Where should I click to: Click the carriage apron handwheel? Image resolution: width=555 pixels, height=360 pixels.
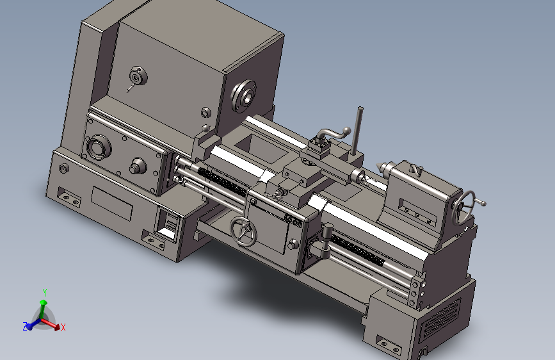click(243, 231)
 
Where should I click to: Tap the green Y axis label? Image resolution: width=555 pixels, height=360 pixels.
click(45, 293)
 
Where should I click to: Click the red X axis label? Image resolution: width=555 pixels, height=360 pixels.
click(63, 327)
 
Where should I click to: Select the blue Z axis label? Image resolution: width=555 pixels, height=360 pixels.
click(25, 327)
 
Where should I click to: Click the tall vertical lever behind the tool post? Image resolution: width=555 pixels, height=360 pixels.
click(357, 131)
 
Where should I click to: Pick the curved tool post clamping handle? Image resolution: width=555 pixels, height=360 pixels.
click(333, 135)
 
